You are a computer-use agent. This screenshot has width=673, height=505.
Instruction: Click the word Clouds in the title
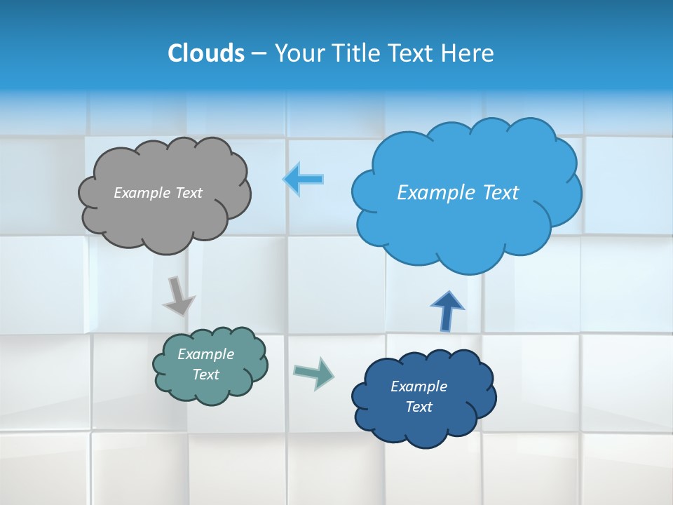[x=206, y=53]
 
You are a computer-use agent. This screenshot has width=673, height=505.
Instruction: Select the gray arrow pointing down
[x=178, y=295]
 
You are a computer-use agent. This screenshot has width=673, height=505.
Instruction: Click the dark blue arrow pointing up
[x=447, y=311]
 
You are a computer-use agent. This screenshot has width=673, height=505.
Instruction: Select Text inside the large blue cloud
[x=501, y=193]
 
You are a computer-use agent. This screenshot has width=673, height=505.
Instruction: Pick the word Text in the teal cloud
[x=206, y=375]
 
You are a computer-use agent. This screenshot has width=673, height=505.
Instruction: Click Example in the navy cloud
[x=419, y=386]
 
